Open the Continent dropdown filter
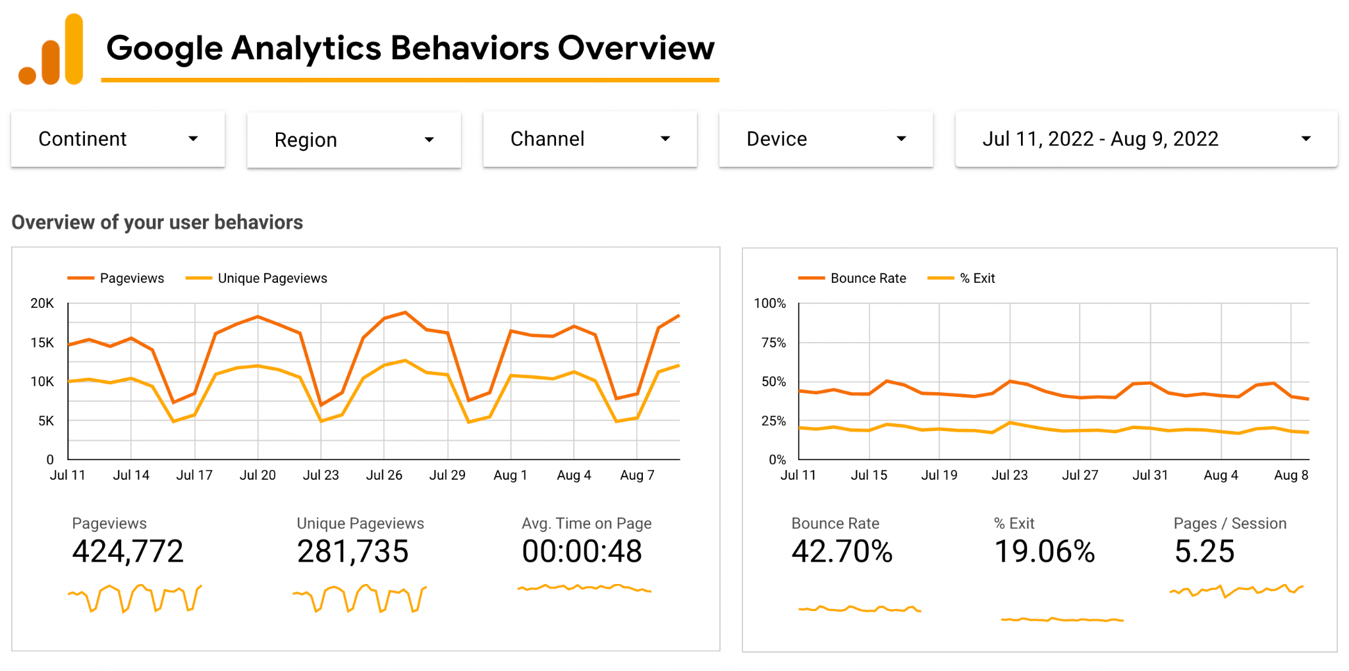(117, 139)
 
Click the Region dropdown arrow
(429, 140)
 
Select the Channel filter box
(590, 139)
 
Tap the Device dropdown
(825, 139)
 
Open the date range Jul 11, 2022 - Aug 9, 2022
(1145, 139)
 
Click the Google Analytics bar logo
(52, 51)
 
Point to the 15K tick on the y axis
(42, 343)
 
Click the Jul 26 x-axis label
(384, 475)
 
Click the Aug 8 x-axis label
(1290, 475)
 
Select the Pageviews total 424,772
(128, 552)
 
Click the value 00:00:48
(582, 552)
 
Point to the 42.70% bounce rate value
(842, 552)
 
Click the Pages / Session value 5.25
(1204, 552)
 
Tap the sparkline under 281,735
(360, 598)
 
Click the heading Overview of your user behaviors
(157, 223)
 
